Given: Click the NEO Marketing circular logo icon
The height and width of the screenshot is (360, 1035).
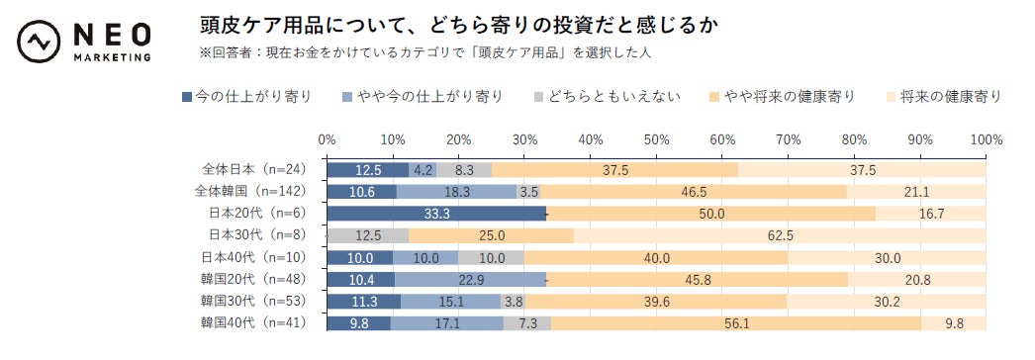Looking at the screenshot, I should click(x=39, y=43).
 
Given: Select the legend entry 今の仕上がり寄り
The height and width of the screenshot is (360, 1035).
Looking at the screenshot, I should click(x=247, y=96).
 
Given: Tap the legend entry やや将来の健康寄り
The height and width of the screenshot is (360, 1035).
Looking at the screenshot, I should click(x=782, y=96).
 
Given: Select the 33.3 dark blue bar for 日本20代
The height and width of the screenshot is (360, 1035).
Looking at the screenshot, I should click(x=436, y=213).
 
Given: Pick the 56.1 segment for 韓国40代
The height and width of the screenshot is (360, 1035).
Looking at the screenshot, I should click(x=736, y=321).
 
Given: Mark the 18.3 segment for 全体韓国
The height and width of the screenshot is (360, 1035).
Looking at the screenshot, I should click(x=457, y=191).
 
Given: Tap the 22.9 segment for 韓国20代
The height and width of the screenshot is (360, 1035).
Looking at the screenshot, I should click(x=471, y=278).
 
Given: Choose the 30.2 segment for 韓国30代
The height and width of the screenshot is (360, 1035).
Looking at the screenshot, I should click(x=887, y=300).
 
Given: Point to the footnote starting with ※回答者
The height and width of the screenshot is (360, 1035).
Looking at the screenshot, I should click(x=425, y=51).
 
